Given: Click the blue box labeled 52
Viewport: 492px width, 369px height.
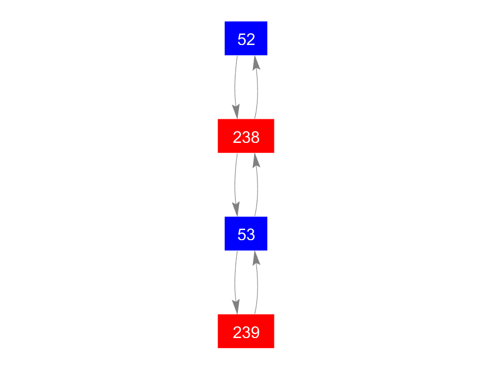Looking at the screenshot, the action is tap(246, 38).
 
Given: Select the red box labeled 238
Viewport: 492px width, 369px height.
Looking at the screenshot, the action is tap(246, 136).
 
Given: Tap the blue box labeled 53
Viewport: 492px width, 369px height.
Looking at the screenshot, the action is tap(246, 233).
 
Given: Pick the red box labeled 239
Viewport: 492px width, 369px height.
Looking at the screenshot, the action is tap(246, 331).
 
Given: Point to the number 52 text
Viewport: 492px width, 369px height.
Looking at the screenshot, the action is tap(246, 39).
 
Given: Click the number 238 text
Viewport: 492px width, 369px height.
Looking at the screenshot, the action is tap(246, 137).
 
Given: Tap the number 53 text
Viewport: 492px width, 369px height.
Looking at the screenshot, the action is tap(246, 235).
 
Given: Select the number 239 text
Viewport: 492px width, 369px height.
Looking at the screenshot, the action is tap(246, 332).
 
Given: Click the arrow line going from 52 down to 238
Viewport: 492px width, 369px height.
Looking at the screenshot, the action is tap(236, 87).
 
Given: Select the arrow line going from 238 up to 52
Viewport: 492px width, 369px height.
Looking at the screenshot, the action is tap(258, 87).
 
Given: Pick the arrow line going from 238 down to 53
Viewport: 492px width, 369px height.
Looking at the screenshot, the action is tap(236, 185).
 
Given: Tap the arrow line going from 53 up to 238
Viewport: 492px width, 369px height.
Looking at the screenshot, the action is tap(258, 185).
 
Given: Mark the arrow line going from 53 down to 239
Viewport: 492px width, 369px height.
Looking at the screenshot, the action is tap(236, 282).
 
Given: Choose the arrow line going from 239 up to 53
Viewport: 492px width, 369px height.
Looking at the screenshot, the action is tap(258, 282).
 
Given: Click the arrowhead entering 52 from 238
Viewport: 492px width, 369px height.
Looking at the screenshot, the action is tap(256, 63).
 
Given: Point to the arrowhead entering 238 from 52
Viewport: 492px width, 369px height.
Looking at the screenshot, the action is tap(236, 112).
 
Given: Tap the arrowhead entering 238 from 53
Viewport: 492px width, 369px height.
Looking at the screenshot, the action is tap(256, 160).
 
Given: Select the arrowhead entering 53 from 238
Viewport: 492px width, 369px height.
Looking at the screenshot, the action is tap(236, 209).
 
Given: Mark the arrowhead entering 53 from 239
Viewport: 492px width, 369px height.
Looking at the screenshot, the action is tap(256, 258).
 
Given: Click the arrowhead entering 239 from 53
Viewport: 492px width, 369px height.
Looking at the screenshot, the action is tap(236, 307).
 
